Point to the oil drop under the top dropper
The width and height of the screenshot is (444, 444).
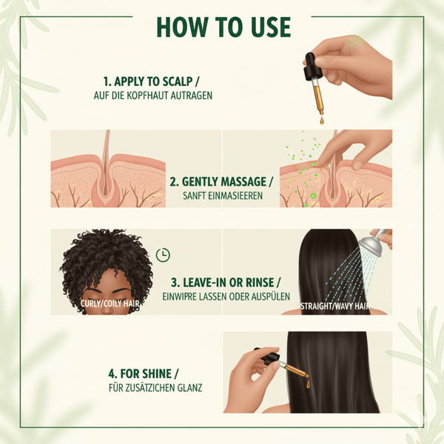[x=321, y=120]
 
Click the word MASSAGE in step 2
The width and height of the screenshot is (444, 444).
[x=243, y=181]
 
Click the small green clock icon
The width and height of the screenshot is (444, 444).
[x=163, y=255]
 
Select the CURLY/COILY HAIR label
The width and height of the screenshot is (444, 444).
[x=110, y=304]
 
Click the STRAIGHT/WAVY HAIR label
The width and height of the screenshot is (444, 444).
[x=335, y=306]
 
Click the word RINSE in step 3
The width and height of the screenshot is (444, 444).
[x=260, y=283]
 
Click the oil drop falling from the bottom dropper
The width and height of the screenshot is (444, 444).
[x=308, y=383]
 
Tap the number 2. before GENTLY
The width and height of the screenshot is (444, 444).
[x=174, y=182]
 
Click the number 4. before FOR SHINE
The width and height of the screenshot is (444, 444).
[x=112, y=374]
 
